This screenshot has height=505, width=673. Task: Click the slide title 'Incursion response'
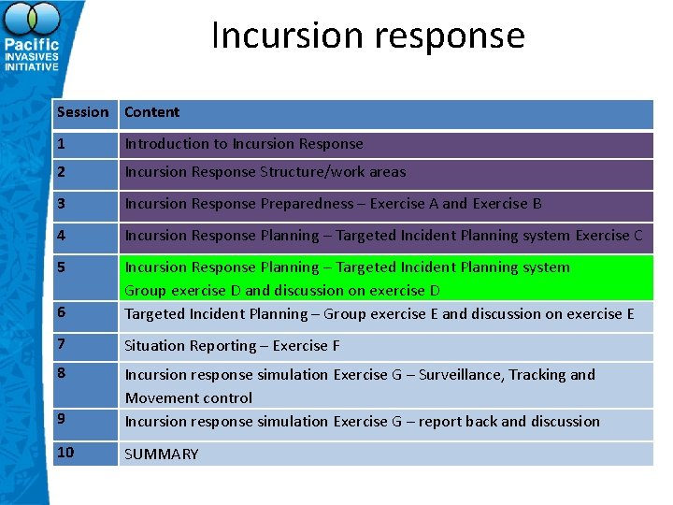click(368, 36)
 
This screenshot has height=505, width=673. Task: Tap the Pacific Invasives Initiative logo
click(32, 37)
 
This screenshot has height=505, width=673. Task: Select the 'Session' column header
click(82, 112)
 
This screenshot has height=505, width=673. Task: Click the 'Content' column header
click(152, 112)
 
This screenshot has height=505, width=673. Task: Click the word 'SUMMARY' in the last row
click(162, 454)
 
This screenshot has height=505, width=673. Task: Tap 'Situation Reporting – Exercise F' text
click(233, 346)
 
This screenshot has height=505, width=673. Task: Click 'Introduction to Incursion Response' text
click(244, 144)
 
